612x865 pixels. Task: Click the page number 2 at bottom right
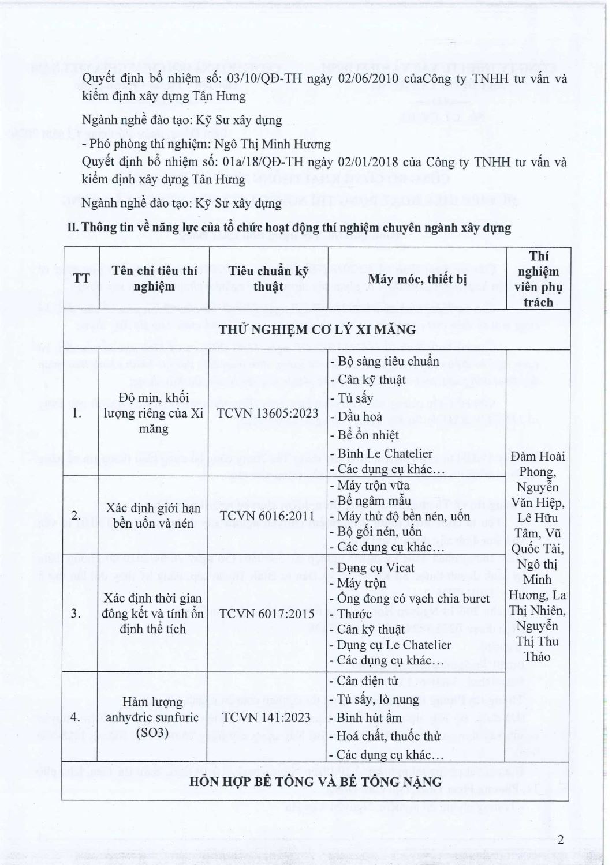560,840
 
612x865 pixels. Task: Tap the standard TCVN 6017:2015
268,613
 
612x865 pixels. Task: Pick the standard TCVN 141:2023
268,718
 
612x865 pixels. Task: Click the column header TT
82,279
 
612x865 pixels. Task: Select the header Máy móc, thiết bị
417,279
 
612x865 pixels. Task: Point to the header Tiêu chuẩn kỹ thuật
268,279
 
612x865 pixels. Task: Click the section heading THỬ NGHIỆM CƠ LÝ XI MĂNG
315,329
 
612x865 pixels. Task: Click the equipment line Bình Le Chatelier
385,453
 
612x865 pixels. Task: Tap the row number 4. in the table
76,718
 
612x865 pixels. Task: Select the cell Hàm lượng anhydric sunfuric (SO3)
153,718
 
